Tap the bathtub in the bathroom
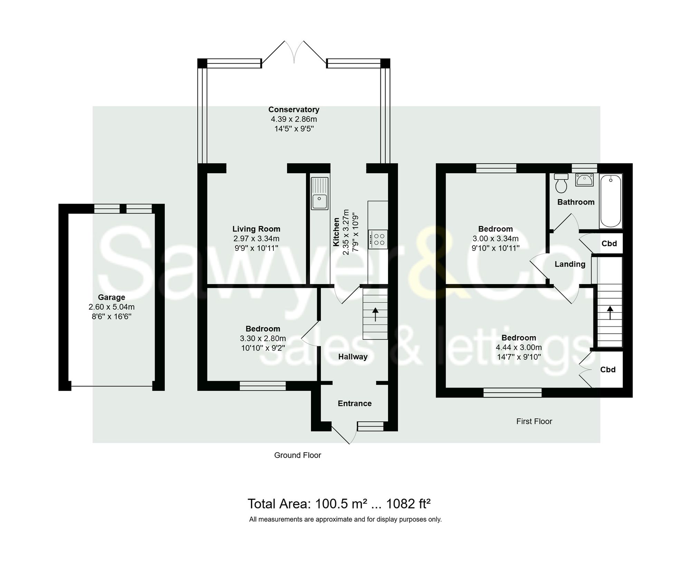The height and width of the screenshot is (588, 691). click(x=610, y=201)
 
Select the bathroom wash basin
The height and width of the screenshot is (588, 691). click(x=584, y=180)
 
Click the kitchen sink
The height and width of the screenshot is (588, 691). click(x=320, y=193)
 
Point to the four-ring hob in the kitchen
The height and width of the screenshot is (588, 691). click(x=378, y=239)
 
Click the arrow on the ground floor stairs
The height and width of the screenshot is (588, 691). click(x=375, y=314)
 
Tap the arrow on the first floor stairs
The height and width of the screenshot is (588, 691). click(x=610, y=312)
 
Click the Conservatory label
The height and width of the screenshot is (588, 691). click(x=294, y=110)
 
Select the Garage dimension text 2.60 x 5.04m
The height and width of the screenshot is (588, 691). click(x=112, y=307)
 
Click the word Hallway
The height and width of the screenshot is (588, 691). click(x=353, y=357)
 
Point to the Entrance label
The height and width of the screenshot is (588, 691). click(x=354, y=403)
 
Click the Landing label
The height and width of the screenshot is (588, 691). click(x=570, y=264)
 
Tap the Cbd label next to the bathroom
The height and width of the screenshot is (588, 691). click(x=609, y=244)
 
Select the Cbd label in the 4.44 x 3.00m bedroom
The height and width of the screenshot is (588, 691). click(x=608, y=370)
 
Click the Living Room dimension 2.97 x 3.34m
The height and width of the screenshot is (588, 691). click(x=256, y=238)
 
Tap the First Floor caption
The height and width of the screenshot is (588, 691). click(x=534, y=421)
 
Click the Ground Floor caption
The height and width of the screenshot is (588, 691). click(x=297, y=455)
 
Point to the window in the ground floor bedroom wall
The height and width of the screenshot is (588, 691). click(x=263, y=386)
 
